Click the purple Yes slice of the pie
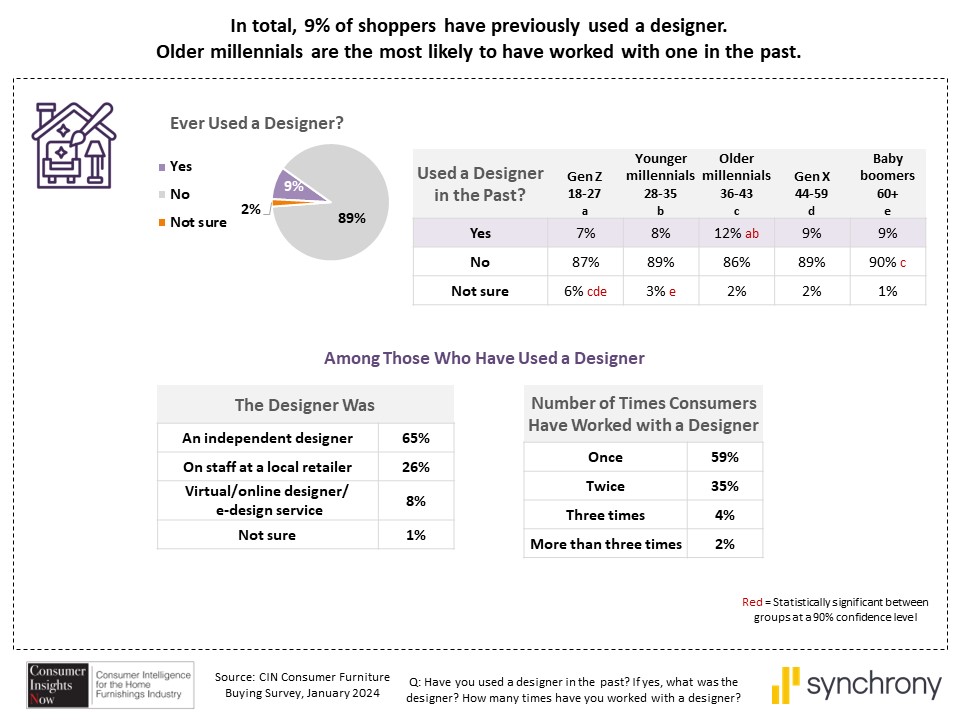(292, 185)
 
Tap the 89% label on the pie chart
(352, 218)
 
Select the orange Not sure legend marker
(162, 222)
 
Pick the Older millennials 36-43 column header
(737, 184)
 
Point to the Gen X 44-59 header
(812, 184)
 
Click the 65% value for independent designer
(416, 438)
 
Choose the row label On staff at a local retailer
(268, 467)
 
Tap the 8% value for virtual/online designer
(416, 501)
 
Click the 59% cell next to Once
(725, 457)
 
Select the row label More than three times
(606, 544)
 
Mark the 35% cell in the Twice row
(725, 486)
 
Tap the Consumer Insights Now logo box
(57, 685)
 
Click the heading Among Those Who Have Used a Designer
(484, 357)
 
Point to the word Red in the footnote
(751, 602)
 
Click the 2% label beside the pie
(250, 209)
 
